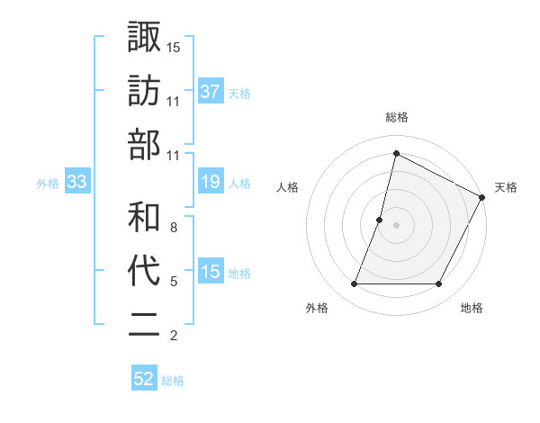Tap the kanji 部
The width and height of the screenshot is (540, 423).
tap(144, 144)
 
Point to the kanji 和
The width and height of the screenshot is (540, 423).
tap(144, 216)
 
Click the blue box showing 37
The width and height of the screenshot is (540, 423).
tap(211, 91)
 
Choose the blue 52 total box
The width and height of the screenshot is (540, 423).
tap(144, 379)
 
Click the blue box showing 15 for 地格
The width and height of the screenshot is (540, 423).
tap(211, 273)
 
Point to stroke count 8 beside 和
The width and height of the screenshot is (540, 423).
tap(174, 228)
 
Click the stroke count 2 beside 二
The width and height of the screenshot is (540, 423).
tap(174, 337)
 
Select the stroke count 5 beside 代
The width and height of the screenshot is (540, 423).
tap(174, 282)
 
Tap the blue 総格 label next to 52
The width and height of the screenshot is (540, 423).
tap(173, 381)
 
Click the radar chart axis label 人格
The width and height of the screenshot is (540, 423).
tap(288, 187)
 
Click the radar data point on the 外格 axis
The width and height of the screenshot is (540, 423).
tap(354, 284)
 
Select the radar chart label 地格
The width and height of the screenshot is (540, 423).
tap(472, 308)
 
